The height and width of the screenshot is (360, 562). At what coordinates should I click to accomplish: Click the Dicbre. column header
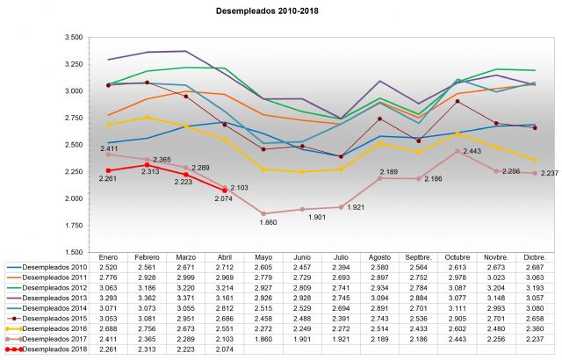533,257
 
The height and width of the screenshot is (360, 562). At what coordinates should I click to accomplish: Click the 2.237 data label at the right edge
550,174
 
